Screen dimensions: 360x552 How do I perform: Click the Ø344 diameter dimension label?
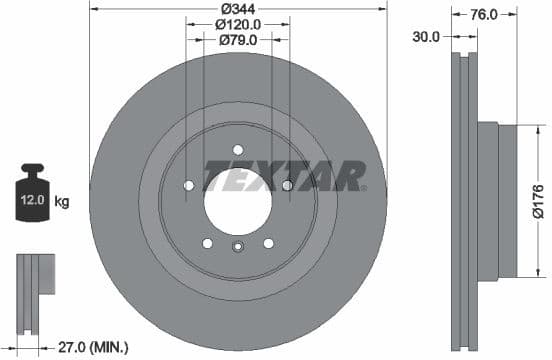(237, 8)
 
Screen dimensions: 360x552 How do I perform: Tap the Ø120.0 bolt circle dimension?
(237, 24)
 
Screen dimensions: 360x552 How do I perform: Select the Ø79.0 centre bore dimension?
(237, 40)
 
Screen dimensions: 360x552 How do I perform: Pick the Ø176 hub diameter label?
(536, 199)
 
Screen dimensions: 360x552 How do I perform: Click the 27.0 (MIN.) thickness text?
(92, 348)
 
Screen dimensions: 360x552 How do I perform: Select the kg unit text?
(62, 202)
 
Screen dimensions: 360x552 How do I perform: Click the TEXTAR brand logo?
(284, 175)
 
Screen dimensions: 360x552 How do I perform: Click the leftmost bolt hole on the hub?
(189, 185)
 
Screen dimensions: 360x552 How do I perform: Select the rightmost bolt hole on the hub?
(287, 185)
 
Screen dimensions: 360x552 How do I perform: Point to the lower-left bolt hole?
(207, 242)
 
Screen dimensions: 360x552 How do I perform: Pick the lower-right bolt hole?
(268, 242)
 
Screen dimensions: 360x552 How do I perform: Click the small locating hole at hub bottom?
(237, 249)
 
